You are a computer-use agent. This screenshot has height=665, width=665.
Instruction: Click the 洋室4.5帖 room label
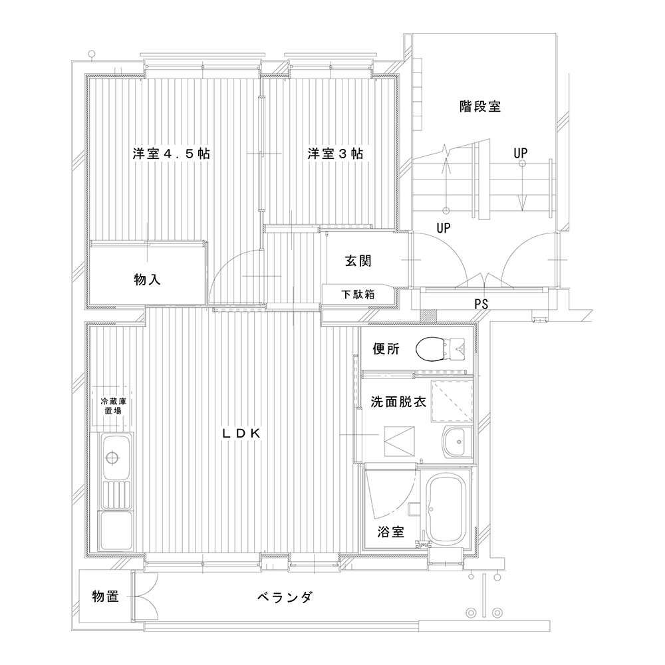172,154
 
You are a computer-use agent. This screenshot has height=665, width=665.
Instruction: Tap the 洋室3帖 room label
335,154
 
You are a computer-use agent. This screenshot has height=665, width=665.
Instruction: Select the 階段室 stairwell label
480,106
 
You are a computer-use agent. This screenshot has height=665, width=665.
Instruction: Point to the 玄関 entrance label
358,261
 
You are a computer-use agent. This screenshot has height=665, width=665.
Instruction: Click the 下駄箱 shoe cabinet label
358,295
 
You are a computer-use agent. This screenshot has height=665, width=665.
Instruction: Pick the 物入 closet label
147,279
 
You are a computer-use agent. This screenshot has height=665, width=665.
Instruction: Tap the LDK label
241,433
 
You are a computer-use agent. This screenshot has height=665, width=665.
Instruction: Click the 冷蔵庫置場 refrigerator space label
113,406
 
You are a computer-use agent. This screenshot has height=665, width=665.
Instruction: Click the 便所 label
386,349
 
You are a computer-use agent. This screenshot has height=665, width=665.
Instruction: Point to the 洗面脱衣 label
398,402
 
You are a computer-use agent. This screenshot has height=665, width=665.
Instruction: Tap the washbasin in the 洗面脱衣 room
458,442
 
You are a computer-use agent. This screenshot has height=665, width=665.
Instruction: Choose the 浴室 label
390,532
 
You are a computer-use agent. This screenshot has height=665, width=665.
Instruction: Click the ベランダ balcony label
285,597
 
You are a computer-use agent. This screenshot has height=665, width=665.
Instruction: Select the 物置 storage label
106,597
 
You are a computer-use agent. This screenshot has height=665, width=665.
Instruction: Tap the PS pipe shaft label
481,304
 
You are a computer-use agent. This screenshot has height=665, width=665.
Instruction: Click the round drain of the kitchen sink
112,458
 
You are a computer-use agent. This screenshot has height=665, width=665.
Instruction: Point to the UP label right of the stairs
521,153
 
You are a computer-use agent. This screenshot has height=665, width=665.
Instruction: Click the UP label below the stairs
444,228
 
